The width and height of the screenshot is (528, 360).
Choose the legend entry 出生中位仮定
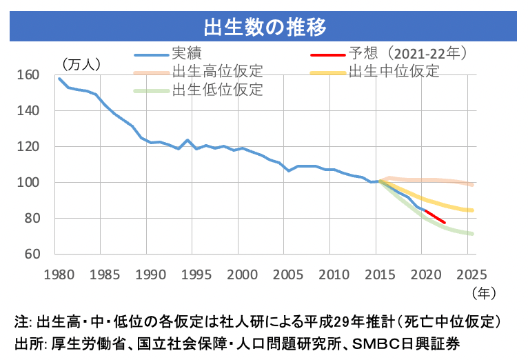pos(394,71)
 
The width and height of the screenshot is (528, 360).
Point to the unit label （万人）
pos(81,64)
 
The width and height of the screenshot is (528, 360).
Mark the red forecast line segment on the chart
pos(436,216)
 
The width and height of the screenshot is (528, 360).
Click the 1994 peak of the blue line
pos(187,140)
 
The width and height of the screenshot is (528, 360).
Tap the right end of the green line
pos(472,234)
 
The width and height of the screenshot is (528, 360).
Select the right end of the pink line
pos(472,185)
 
